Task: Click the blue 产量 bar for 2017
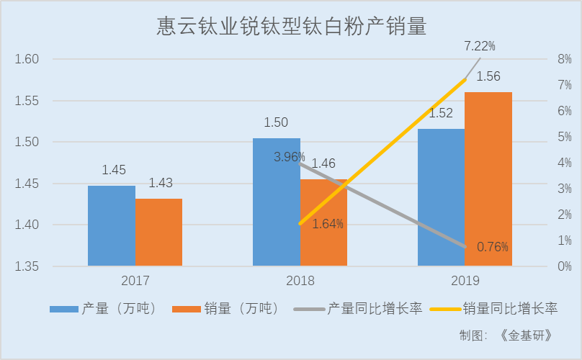coord(112,226)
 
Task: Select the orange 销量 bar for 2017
coord(158,232)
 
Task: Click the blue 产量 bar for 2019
coord(441,198)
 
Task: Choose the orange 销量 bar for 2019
coord(488,179)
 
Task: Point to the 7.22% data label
coord(480,46)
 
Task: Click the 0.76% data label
coord(493,247)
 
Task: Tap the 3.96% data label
coord(289,156)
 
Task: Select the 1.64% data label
coord(328,224)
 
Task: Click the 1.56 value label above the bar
coord(488,76)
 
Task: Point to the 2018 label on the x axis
coord(300,280)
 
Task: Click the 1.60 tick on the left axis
coord(27,59)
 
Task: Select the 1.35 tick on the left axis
coord(27,267)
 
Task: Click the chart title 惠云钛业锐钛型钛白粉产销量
coord(292,27)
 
